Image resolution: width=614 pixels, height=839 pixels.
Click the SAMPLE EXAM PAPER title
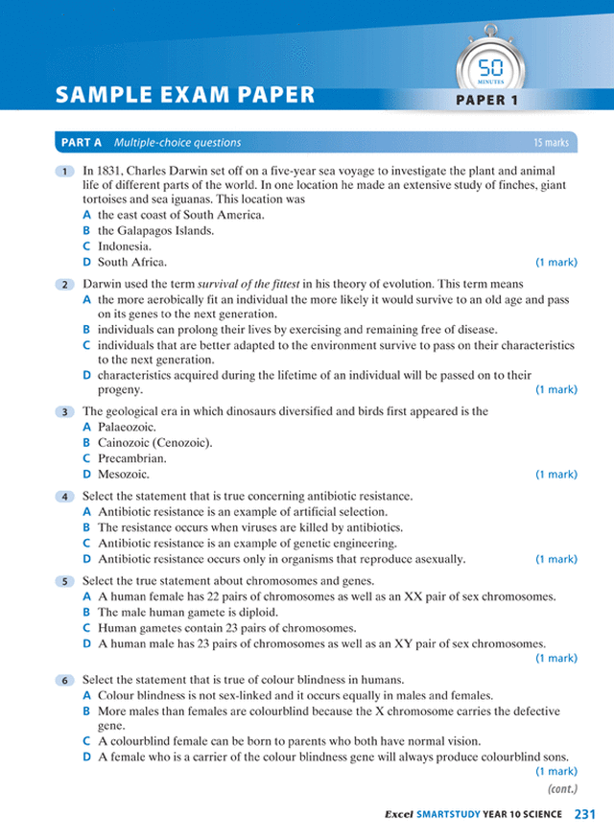pos(185,95)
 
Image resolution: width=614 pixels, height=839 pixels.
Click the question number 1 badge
pos(63,171)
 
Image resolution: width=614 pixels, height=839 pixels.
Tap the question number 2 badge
pos(63,285)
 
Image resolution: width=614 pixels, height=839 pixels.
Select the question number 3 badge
pos(63,411)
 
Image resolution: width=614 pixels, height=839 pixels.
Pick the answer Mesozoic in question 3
pos(124,474)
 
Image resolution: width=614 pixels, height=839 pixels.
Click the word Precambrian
pos(132,458)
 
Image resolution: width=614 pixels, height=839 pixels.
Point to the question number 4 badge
pos(63,497)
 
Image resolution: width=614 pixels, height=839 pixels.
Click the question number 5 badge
pos(63,581)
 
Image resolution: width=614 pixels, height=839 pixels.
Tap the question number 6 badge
pos(63,680)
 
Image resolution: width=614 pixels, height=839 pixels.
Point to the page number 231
pos(585,814)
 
